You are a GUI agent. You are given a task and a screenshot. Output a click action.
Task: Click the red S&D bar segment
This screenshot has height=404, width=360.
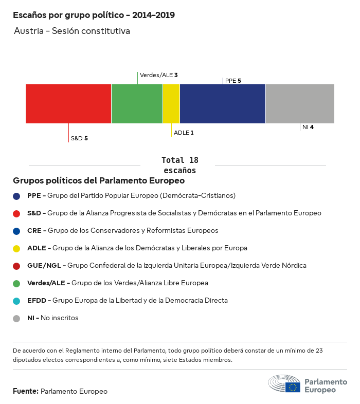(68, 104)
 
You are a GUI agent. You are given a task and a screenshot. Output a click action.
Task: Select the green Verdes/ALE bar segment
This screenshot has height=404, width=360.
(137, 104)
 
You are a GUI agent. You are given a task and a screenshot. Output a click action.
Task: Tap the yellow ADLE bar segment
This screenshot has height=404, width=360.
(171, 104)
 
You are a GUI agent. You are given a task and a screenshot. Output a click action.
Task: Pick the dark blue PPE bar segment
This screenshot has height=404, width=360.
(223, 104)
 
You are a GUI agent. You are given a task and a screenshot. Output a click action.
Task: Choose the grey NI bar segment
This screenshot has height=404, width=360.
(300, 104)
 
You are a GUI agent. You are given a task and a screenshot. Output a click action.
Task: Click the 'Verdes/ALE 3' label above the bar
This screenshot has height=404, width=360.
(159, 75)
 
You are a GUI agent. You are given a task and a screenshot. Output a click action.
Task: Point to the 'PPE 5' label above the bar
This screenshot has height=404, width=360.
(233, 81)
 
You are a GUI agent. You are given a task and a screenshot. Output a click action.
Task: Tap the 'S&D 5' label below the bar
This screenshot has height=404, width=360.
(79, 138)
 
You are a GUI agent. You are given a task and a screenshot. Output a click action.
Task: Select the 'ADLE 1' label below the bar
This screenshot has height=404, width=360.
(184, 133)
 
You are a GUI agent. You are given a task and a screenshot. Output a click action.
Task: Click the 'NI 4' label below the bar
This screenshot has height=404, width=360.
(308, 127)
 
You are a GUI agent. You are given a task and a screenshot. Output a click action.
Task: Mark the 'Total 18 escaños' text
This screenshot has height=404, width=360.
(179, 165)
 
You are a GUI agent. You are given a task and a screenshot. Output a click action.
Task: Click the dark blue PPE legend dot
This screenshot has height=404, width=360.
(16, 196)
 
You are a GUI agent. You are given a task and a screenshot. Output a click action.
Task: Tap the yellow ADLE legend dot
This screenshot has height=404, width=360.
(16, 248)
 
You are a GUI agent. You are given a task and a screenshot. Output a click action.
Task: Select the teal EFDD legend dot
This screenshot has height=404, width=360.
(16, 301)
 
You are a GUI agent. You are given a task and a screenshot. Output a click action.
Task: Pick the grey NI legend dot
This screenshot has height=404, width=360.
(16, 318)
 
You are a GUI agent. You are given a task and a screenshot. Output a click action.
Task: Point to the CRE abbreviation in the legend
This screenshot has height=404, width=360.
(34, 231)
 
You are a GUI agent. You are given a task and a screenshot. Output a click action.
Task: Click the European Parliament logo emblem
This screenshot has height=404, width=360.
(284, 384)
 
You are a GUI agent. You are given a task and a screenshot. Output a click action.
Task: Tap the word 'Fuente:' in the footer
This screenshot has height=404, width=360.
(26, 391)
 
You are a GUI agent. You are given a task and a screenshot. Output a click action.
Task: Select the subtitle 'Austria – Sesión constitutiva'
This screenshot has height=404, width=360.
(72, 31)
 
